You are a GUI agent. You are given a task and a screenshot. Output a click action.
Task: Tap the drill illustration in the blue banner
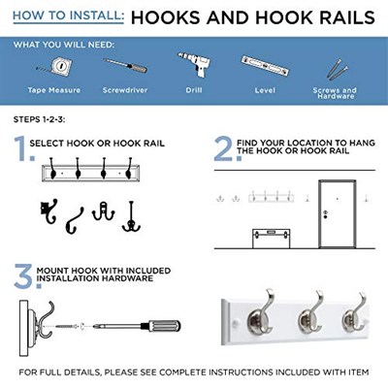pos(195,64)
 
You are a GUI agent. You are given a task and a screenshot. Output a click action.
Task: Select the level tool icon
pos(265,66)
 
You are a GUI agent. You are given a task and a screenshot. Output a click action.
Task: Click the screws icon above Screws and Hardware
pos(337,70)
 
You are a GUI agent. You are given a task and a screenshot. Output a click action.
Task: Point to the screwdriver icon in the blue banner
pos(125,65)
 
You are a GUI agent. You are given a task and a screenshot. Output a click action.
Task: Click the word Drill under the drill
pos(194,90)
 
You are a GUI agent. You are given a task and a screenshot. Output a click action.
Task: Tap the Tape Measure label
pos(54,90)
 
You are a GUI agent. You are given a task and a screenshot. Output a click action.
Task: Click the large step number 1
pos(22,148)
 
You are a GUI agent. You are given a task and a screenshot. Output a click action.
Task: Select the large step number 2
pos(227,148)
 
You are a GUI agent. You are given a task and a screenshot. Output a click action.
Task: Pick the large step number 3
pos(26,275)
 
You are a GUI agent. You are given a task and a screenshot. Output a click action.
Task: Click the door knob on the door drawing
pos(325,214)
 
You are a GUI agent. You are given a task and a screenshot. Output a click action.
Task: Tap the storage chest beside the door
pos(271,239)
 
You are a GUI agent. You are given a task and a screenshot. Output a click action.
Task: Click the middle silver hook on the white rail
pos(310,311)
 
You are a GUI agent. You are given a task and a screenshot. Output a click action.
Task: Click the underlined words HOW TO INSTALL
pos(68,16)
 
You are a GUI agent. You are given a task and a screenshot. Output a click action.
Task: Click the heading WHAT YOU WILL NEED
pos(64,45)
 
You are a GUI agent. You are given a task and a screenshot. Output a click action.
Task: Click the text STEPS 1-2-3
pos(39,119)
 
